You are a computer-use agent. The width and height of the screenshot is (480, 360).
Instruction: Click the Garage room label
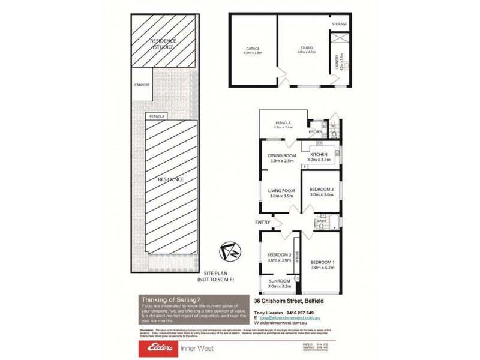pos(252,50)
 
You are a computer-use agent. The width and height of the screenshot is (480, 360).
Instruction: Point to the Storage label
pos(339,24)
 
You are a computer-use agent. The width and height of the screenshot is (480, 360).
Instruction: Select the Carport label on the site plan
pos(142,85)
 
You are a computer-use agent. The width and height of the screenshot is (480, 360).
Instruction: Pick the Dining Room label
pos(283,158)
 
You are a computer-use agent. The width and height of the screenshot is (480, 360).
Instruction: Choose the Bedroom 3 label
pos(321,191)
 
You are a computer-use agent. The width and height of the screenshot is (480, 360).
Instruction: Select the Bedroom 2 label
pos(279,257)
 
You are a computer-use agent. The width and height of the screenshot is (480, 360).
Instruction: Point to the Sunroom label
pos(279,283)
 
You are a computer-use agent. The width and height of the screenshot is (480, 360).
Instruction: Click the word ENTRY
pos(263,223)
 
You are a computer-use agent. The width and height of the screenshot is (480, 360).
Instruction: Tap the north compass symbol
pos(230,250)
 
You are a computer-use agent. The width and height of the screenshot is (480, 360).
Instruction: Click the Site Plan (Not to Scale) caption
pos(215,277)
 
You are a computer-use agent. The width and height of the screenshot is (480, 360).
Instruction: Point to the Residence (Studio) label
pos(163,43)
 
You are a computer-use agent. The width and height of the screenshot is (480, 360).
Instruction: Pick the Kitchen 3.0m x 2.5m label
pos(319,158)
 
